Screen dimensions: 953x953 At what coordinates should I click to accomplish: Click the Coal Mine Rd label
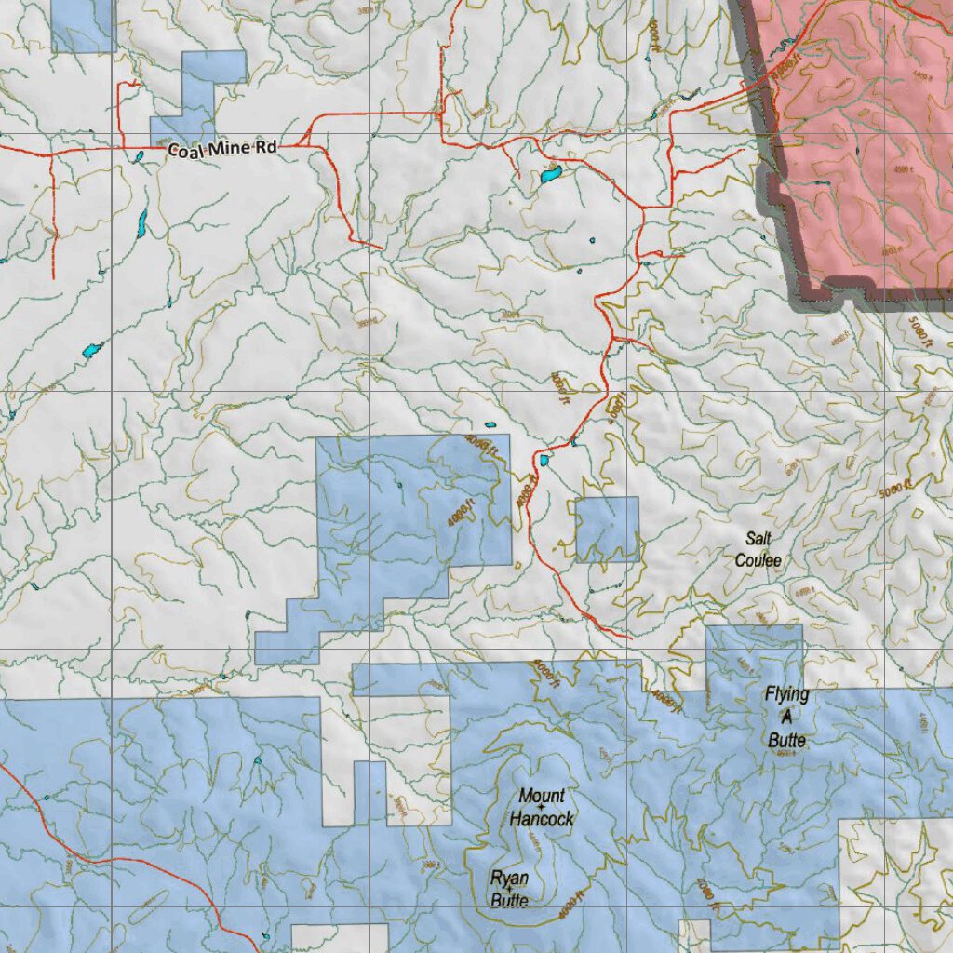point(223,149)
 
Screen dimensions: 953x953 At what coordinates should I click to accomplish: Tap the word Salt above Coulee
point(758,539)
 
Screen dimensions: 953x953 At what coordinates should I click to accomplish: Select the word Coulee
point(758,560)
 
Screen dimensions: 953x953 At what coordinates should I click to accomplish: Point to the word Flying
point(786,694)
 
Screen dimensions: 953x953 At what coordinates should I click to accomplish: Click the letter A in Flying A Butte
point(785,718)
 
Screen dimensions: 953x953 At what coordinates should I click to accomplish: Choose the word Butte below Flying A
point(786,741)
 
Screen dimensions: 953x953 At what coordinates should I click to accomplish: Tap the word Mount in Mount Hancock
point(542,796)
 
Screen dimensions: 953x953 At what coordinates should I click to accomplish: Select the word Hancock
point(542,819)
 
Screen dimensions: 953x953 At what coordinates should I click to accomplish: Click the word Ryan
point(510,879)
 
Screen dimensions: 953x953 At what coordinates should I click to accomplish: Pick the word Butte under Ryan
point(510,900)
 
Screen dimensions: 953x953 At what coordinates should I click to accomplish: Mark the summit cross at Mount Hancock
point(542,807)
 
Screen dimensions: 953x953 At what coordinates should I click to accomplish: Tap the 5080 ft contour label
point(920,331)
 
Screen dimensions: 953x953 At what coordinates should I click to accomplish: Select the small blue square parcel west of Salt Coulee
point(607,530)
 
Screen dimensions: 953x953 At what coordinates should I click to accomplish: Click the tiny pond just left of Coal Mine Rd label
point(139,156)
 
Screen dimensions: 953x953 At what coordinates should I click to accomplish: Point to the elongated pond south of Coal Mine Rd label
point(142,222)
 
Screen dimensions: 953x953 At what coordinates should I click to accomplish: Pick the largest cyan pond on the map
point(551,174)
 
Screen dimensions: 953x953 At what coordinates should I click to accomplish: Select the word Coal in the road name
point(186,150)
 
